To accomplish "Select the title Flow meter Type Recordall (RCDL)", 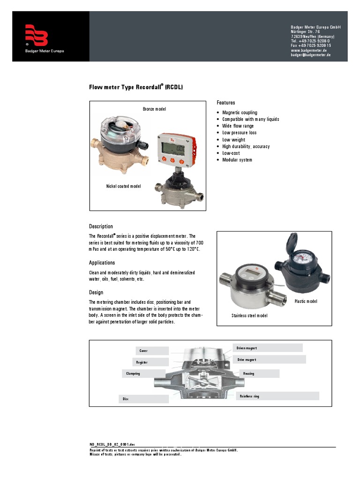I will click(x=136, y=87).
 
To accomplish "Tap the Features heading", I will click(x=225, y=103).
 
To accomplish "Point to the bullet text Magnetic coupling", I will click(x=240, y=112).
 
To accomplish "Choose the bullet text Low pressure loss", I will click(x=239, y=133).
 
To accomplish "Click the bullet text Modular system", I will click(x=237, y=160).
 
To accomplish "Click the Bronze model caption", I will click(x=154, y=109).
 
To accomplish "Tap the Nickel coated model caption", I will click(x=123, y=186).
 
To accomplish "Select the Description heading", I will click(x=101, y=226).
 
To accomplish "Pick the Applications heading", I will click(x=102, y=262).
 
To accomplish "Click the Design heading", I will click(x=96, y=292).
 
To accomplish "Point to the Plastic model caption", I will click(x=306, y=301).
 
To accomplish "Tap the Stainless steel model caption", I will click(x=249, y=316).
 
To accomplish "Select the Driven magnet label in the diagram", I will click(x=247, y=348).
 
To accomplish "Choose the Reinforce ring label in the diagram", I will click(x=249, y=396).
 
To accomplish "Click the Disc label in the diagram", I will click(x=126, y=399).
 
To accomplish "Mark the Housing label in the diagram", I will click(x=248, y=374).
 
